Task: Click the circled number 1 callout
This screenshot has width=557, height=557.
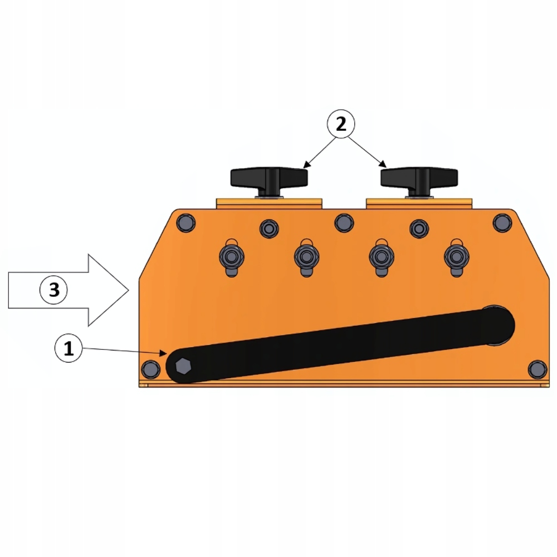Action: coord(69,349)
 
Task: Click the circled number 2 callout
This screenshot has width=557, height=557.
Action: coord(341,124)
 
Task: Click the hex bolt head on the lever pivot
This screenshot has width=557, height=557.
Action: coord(182,367)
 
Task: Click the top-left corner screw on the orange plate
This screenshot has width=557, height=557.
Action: coord(185,223)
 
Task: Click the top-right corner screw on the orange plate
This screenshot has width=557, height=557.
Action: coord(502,223)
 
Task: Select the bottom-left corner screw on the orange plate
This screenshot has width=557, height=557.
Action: coord(150,369)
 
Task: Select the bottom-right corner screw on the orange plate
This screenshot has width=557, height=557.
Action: coord(537,369)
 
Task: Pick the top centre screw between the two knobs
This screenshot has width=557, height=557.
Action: coord(344,223)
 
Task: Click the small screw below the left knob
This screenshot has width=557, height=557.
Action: coord(269,227)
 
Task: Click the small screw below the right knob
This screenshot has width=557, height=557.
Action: coord(419,227)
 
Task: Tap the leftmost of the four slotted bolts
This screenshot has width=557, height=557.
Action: coord(231,256)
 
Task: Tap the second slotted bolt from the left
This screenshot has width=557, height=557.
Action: coord(306,256)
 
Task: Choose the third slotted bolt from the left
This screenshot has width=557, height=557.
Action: coord(382,256)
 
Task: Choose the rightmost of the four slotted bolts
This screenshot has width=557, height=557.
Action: coord(456,256)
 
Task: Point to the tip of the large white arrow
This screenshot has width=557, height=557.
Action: coord(129,290)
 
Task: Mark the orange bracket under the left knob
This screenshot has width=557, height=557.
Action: coord(270,203)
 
